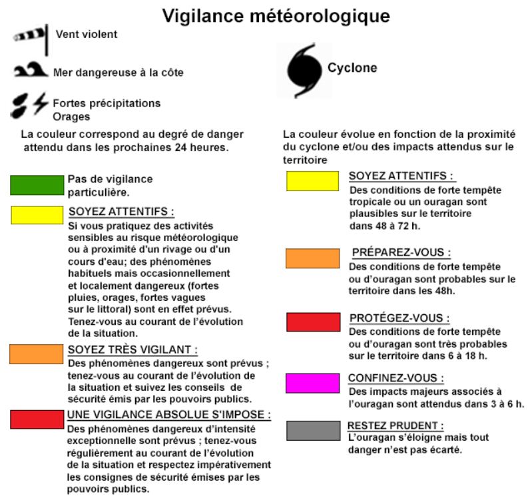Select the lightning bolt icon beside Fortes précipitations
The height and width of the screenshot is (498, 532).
[41, 103]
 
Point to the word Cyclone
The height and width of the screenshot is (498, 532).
[352, 68]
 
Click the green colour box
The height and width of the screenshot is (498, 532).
[36, 184]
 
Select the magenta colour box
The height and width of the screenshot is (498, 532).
[312, 383]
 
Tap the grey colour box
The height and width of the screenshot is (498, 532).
[312, 430]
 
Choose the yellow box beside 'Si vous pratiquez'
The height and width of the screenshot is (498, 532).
[36, 214]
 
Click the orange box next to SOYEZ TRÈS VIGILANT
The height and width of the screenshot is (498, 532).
[36, 354]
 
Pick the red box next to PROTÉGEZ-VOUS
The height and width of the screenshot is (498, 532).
[312, 322]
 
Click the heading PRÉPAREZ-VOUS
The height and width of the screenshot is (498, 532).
[401, 253]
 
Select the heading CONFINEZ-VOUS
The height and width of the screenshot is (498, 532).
[397, 378]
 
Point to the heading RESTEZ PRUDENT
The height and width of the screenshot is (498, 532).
[396, 425]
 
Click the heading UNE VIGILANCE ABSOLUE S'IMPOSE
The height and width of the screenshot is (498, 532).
[169, 414]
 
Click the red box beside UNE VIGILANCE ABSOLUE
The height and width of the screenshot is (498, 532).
[36, 419]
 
